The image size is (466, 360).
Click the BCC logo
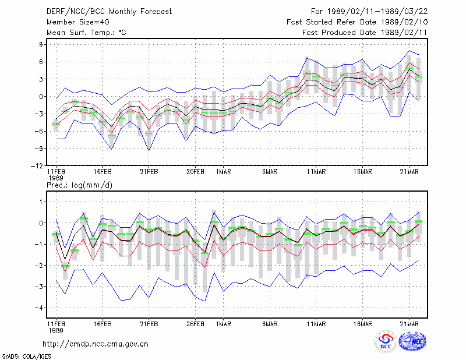coord(386,341)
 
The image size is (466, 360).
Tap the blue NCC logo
coord(413,341)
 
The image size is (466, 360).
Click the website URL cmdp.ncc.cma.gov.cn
coord(96,344)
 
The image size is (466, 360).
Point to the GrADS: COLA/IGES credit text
coord(26,357)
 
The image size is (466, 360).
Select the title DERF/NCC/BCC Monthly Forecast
coord(109,12)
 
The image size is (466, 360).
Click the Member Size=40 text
coord(78,22)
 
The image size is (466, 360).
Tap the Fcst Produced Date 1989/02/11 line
coord(365,33)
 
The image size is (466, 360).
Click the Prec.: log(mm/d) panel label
coord(79,185)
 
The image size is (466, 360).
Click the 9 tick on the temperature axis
coord(41,45)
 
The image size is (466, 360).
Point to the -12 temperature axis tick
coord(37,166)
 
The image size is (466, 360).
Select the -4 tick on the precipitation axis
coord(39,308)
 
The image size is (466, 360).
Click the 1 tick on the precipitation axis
coord(41,202)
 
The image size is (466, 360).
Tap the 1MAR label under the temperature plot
coord(224,172)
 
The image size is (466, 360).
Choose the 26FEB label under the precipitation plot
coord(195,324)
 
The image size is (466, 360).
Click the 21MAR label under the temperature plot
coord(409,172)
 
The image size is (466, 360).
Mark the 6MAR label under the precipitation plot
coord(270,324)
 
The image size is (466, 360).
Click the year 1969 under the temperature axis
coord(56,178)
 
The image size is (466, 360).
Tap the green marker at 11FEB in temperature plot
coord(56,124)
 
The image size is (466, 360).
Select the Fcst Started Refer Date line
coord(357,22)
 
